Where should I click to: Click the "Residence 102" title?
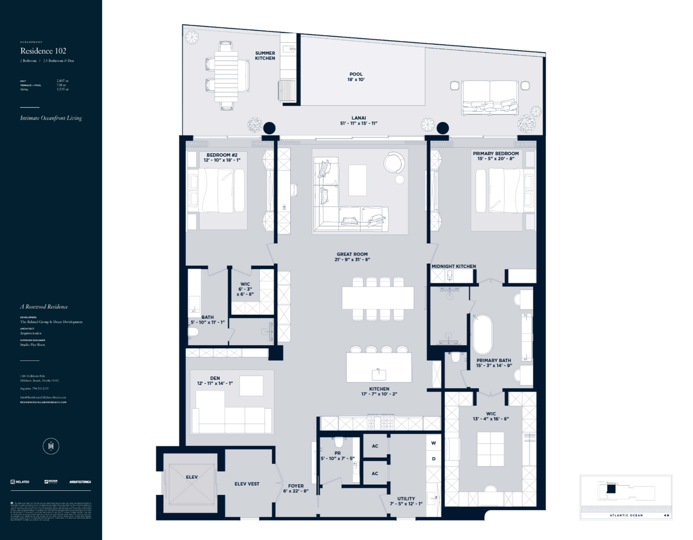tap(43, 51)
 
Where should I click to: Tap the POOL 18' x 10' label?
tap(356, 77)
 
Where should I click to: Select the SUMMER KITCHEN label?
tap(265, 56)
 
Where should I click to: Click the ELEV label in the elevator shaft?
tap(192, 477)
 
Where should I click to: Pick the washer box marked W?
tap(434, 443)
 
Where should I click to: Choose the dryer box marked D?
tap(434, 459)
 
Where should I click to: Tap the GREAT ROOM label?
tap(352, 257)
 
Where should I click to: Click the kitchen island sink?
tap(378, 373)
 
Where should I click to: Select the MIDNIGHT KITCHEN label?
tap(454, 266)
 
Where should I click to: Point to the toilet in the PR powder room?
tap(339, 442)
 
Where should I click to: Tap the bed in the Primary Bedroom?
tap(501, 191)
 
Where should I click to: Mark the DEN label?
tap(215, 381)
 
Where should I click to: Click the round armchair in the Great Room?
tap(394, 162)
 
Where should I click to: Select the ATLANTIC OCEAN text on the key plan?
tap(626, 515)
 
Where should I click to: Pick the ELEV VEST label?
tap(247, 484)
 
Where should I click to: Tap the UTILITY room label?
tap(406, 501)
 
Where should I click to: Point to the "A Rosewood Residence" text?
tap(44, 307)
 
